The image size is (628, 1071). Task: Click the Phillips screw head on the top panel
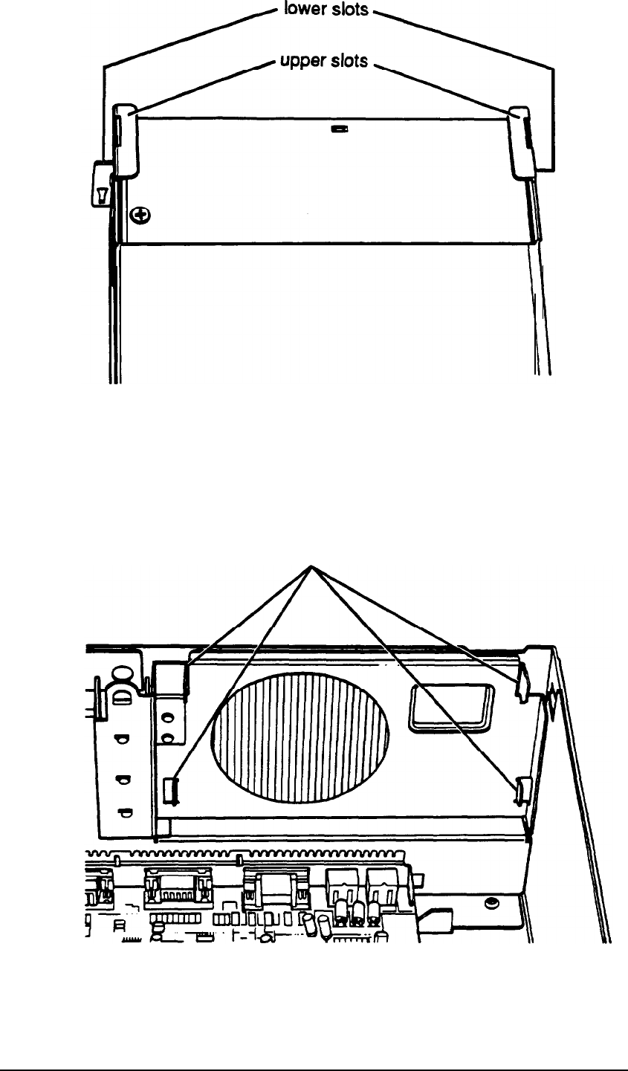pos(140,216)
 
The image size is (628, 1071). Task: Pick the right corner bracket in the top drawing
pos(523,140)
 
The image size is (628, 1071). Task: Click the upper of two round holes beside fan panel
pos(169,719)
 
